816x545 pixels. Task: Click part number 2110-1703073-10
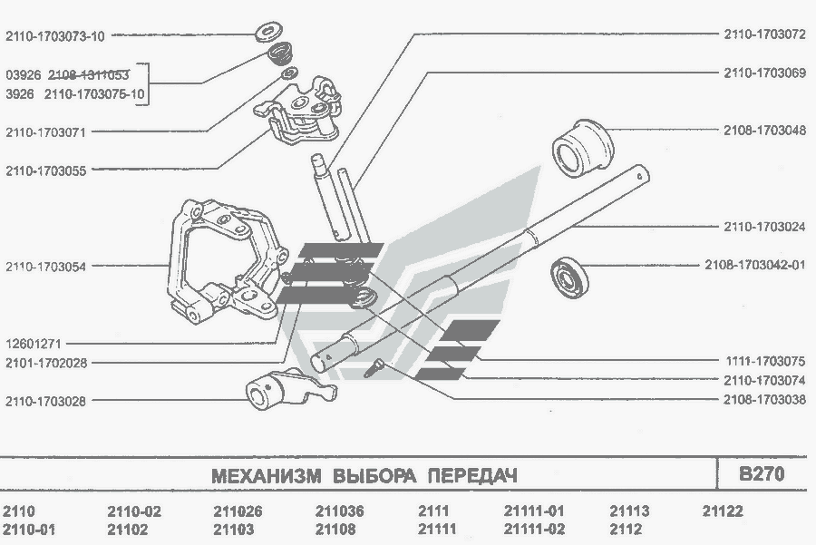tap(55, 36)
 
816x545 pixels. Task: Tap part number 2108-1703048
tap(764, 130)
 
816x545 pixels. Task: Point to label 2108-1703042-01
tap(755, 267)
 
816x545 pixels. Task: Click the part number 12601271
tap(35, 344)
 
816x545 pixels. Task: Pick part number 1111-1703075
tap(764, 361)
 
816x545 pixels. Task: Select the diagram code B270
tap(762, 474)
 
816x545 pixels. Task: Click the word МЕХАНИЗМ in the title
tap(267, 476)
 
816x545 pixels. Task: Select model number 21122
tap(723, 511)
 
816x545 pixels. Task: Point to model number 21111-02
tap(533, 530)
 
